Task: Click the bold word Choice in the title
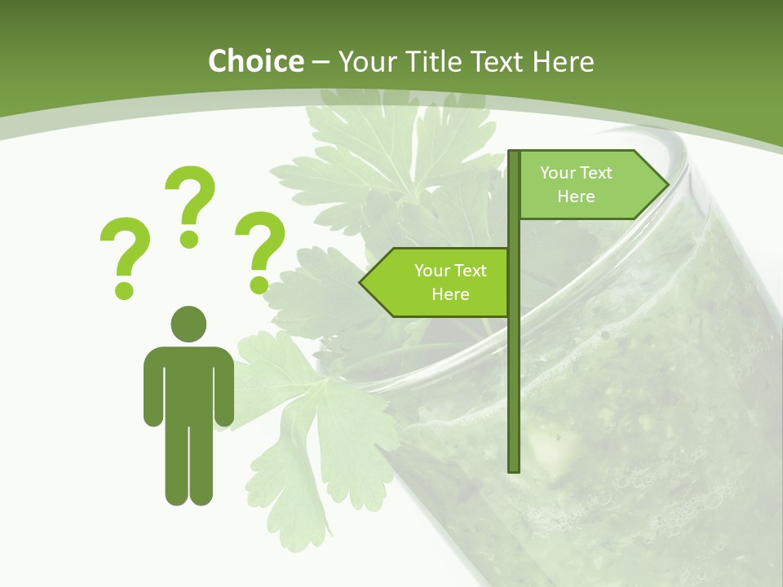255,61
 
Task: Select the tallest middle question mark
190,200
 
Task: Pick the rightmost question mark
260,245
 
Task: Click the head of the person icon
188,324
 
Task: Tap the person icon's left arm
153,387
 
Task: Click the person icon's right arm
224,387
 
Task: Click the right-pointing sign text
576,184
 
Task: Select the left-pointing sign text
450,282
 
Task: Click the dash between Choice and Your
321,62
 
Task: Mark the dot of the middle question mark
189,239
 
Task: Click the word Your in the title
367,61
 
